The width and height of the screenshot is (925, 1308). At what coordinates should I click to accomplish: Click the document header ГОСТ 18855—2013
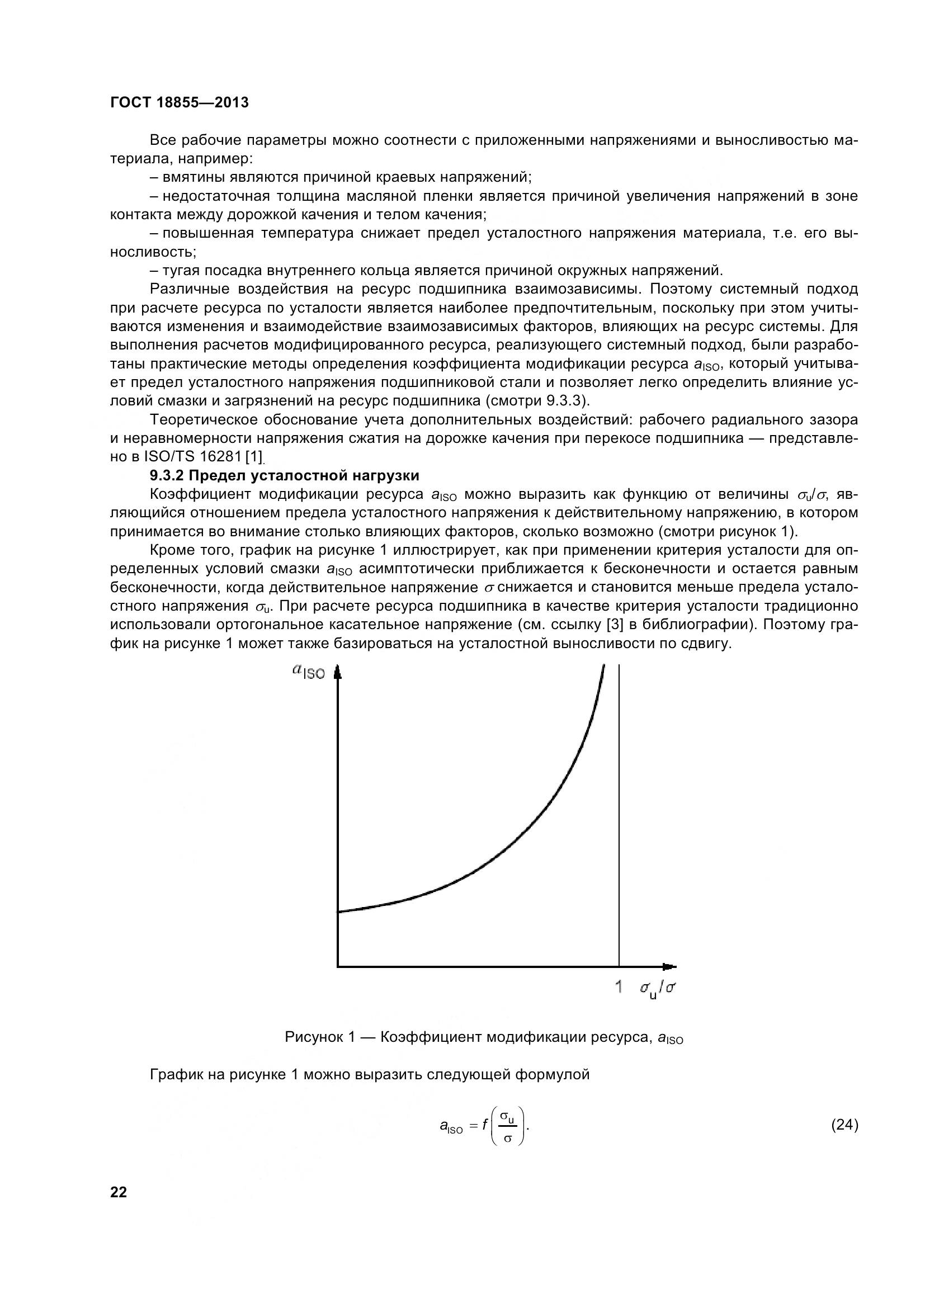(x=180, y=103)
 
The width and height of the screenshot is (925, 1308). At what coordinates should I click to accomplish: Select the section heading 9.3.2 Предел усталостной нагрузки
(x=284, y=475)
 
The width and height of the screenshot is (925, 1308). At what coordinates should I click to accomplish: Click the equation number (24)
(x=844, y=1125)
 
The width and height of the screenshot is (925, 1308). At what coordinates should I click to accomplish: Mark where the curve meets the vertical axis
(x=338, y=912)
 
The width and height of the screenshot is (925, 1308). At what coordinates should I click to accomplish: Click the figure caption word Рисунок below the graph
(x=314, y=1037)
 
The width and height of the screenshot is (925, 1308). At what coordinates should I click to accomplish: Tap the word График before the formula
(x=176, y=1074)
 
